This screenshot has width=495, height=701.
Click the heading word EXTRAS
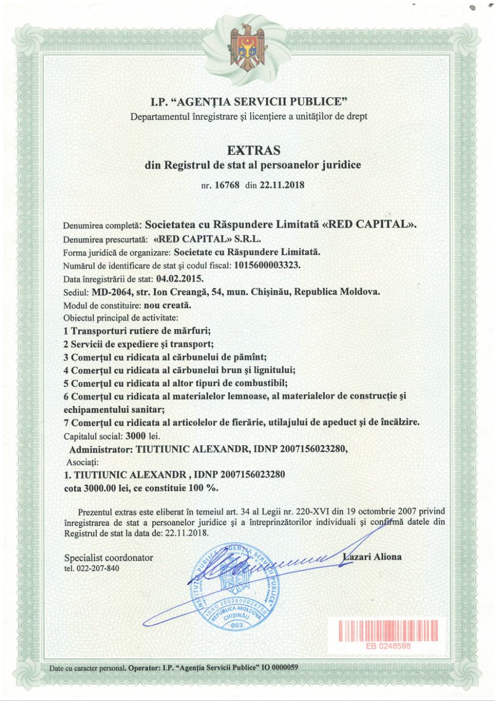(253, 150)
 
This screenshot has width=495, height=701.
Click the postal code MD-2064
(112, 292)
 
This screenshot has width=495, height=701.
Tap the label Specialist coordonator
(108, 558)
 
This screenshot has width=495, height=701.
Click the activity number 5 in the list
(65, 383)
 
